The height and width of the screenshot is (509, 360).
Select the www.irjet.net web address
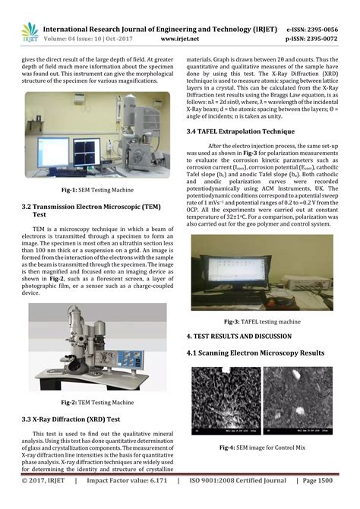click(181, 35)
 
